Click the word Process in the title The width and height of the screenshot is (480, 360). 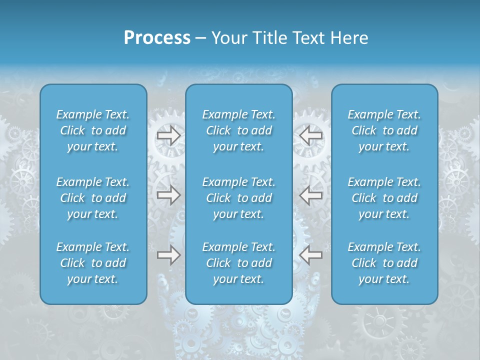coord(157,38)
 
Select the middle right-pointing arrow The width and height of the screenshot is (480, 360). coord(168,195)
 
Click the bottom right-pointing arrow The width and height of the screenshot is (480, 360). coord(168,255)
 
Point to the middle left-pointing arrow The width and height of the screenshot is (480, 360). coord(311,195)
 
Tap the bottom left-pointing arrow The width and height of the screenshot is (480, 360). coord(311,255)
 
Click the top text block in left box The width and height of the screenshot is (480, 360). coord(93,130)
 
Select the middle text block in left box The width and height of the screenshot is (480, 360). coord(93,198)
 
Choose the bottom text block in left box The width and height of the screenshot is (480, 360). coord(93,263)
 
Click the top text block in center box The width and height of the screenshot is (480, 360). coord(239,130)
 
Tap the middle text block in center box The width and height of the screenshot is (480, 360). coord(239,198)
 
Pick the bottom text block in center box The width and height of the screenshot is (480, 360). coord(239,263)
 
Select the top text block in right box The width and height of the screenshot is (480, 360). coord(384,130)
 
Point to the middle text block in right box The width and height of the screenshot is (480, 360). coord(384,198)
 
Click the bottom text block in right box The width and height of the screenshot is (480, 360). coord(384,263)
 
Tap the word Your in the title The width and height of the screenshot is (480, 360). coord(228,38)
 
